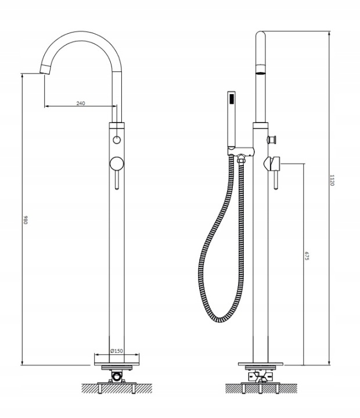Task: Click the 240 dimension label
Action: click(81, 103)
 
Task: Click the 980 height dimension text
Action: click(26, 219)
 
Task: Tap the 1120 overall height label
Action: click(332, 180)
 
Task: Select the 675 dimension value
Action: click(307, 255)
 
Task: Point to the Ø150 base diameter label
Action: click(117, 351)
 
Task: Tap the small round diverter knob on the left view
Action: click(117, 140)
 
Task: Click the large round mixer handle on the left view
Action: click(117, 164)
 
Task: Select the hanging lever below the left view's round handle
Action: click(117, 180)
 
